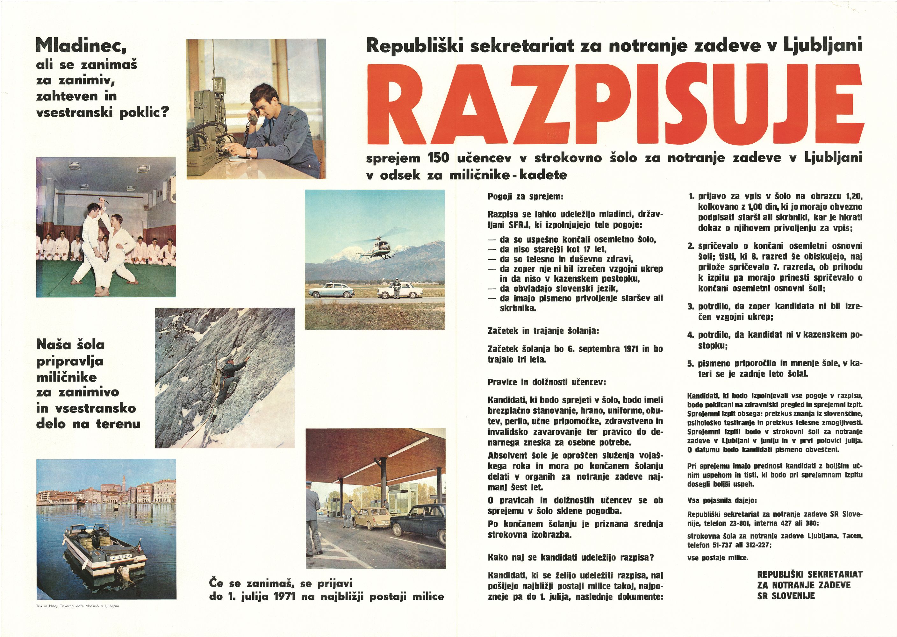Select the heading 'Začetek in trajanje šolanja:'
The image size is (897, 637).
coord(543,331)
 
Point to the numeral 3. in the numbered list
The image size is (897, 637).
coord(691,306)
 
